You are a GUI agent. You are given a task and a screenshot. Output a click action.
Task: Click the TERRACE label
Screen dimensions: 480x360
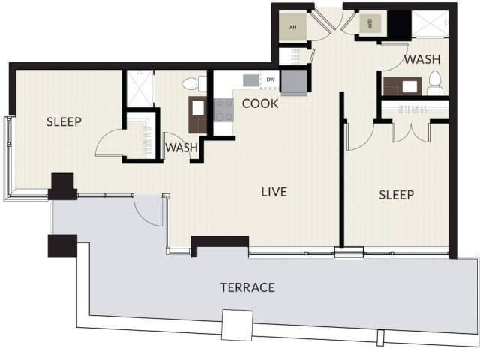coord(247,287)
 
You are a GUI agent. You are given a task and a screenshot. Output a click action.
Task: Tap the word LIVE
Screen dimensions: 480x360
coord(274,192)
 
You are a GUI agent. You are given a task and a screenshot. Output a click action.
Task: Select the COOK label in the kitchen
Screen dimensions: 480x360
coord(260,103)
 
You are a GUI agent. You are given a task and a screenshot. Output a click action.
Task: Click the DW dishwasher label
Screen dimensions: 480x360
coord(271,79)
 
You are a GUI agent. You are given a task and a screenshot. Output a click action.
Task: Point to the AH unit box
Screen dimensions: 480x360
coord(293,27)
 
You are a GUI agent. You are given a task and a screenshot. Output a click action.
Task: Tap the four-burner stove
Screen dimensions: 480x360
coord(223,110)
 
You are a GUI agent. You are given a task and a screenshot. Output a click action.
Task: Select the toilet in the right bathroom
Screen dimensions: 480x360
coord(435,83)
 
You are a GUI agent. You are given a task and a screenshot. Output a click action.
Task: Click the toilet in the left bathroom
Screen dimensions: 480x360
coord(195,83)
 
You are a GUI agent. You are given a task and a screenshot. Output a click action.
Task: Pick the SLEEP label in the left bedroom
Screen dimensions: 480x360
coord(64,121)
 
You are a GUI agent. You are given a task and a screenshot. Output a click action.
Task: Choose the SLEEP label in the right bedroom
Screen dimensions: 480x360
coord(397,195)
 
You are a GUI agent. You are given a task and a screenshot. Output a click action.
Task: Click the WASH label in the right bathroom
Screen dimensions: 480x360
coord(422,59)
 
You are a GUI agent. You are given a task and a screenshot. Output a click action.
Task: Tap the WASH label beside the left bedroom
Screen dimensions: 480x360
coord(181,148)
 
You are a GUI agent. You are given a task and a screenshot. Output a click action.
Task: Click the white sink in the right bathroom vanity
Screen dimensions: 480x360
coord(409,86)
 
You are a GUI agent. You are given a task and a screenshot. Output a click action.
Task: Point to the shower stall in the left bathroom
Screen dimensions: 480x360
coord(139,88)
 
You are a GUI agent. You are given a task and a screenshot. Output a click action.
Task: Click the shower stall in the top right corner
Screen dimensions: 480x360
coord(430,24)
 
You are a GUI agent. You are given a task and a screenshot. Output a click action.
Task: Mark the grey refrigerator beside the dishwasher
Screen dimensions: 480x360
coord(294,82)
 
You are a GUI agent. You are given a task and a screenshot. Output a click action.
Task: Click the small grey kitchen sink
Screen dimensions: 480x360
coord(251,80)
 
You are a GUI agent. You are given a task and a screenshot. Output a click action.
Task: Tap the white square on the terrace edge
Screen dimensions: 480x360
coord(237,325)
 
